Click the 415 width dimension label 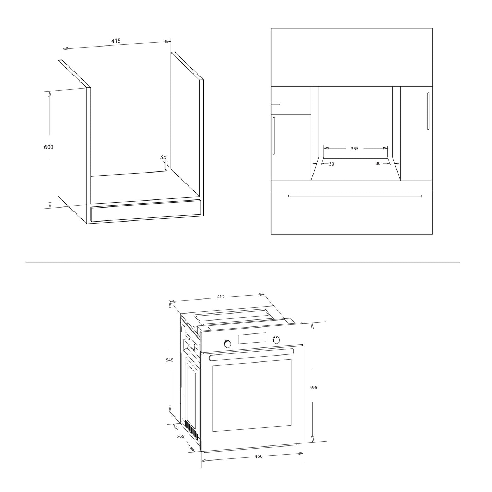(116, 41)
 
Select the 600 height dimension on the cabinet (49, 147)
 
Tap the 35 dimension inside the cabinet (163, 157)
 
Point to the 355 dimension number (354, 149)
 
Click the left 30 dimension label (332, 164)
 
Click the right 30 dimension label (378, 163)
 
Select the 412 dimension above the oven (221, 297)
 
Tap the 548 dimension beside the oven (169, 360)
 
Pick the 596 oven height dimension (313, 388)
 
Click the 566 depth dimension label (180, 436)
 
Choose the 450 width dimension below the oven (259, 456)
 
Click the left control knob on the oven (227, 344)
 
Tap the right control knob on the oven (276, 340)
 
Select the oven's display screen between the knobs (252, 338)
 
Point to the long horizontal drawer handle (355, 196)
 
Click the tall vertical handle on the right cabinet (428, 111)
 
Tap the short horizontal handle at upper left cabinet (276, 104)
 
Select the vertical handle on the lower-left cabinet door (274, 135)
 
